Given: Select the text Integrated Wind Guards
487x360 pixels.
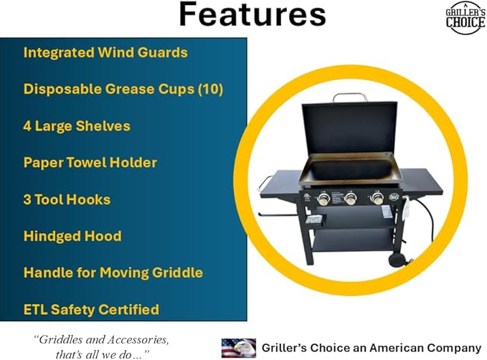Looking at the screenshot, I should (x=105, y=52).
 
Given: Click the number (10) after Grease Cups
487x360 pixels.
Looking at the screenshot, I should (x=210, y=89).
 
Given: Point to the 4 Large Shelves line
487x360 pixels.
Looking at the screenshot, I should (x=77, y=126).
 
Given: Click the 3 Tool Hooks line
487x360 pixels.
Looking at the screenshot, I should (x=67, y=199).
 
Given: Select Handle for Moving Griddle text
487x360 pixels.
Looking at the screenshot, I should (x=113, y=273).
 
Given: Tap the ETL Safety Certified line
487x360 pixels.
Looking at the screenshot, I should (x=91, y=310).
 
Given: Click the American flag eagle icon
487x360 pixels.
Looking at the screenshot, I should (x=238, y=347).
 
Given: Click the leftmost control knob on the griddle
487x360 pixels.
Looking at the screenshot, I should (x=323, y=199).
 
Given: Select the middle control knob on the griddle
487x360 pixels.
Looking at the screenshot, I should (x=350, y=199).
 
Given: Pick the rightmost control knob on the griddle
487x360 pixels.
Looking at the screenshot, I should (x=377, y=199).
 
